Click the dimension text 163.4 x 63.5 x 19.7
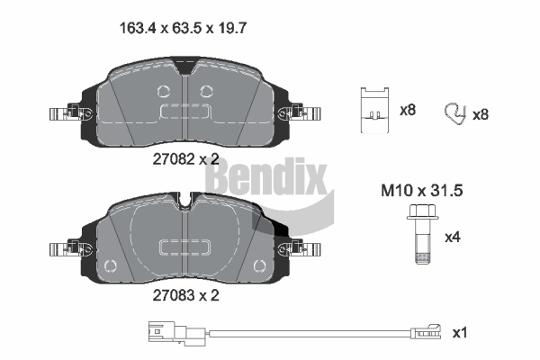(x=183, y=28)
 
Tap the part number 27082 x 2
(x=185, y=158)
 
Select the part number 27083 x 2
(x=185, y=295)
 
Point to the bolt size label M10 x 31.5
(x=422, y=191)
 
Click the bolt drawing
(x=423, y=234)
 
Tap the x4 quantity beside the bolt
(x=453, y=237)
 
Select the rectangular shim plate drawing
(x=374, y=110)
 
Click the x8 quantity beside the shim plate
(x=408, y=110)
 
